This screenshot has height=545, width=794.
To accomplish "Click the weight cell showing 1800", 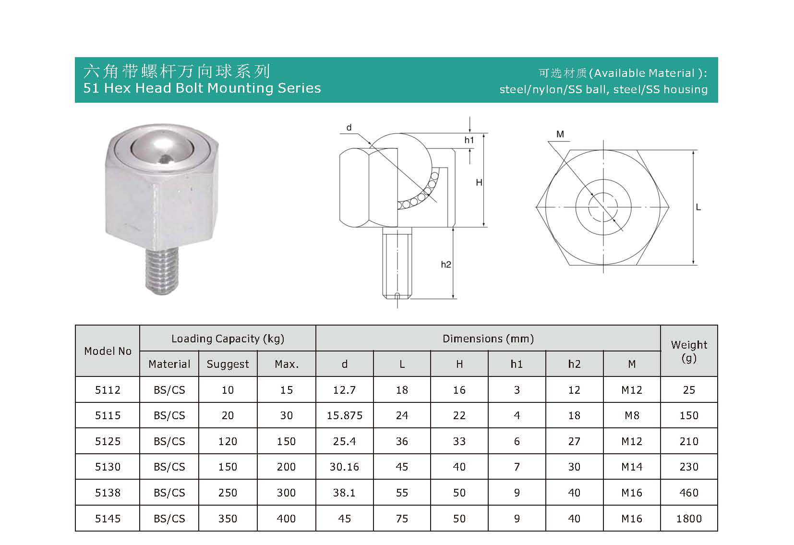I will click(x=689, y=519).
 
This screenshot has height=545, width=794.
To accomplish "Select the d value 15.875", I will click(x=344, y=415).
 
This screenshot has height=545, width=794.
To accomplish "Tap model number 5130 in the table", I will click(x=108, y=467).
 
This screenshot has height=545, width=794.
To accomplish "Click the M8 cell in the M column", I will click(x=632, y=415).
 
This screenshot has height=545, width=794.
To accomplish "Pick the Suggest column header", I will click(x=228, y=364).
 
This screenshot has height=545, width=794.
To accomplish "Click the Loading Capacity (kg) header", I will click(x=228, y=339).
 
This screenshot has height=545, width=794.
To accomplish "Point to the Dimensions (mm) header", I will click(x=488, y=339).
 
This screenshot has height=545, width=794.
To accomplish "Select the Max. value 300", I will click(x=286, y=493).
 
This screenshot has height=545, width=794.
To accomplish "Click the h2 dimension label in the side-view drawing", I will click(x=446, y=265).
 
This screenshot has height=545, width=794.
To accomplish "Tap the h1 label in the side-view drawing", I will click(x=469, y=140).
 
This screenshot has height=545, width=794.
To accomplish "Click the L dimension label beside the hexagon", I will click(x=698, y=207).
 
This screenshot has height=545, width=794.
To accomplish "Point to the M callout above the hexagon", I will click(x=560, y=134).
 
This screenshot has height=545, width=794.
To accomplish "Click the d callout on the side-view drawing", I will click(x=349, y=128).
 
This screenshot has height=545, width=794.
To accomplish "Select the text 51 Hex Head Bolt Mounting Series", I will click(x=202, y=88).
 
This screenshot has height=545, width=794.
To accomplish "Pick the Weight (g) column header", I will click(x=689, y=351).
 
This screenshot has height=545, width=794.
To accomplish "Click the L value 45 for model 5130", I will click(x=402, y=467).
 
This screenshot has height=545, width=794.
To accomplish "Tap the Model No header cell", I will click(x=108, y=351).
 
